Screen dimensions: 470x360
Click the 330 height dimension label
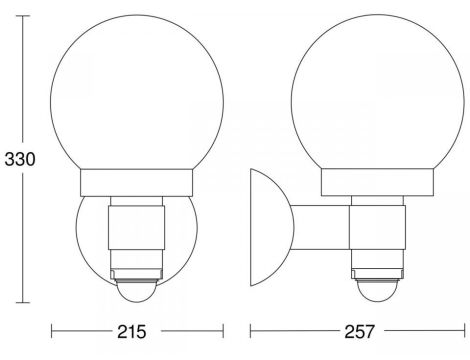pyautogui.click(x=20, y=159)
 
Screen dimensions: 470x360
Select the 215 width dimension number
pyautogui.click(x=132, y=332)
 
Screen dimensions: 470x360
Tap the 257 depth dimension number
pyautogui.click(x=359, y=332)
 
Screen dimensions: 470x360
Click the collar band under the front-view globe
pyautogui.click(x=137, y=183)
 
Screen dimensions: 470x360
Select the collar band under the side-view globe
pyautogui.click(x=378, y=182)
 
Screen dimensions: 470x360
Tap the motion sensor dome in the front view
pyautogui.click(x=137, y=291)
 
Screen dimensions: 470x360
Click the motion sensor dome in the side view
pyautogui.click(x=378, y=290)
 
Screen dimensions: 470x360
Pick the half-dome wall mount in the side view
pyautogui.click(x=272, y=227)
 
